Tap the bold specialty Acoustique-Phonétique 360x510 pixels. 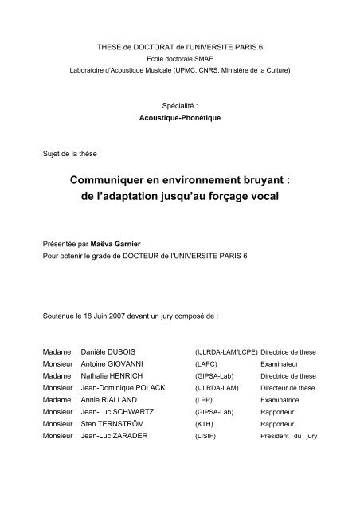tap(180, 115)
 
